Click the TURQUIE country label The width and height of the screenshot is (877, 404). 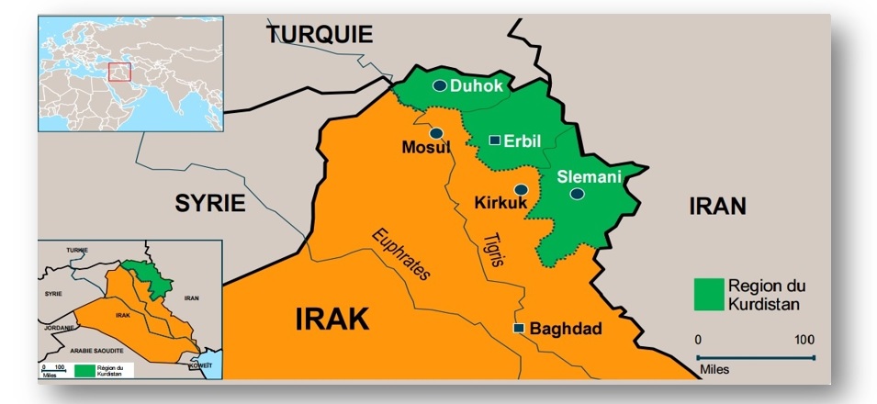320,35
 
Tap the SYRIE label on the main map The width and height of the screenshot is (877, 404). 211,204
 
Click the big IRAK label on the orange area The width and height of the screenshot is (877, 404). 332,319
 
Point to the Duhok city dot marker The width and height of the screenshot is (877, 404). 440,85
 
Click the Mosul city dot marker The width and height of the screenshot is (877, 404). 436,133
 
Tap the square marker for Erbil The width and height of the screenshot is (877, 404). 494,140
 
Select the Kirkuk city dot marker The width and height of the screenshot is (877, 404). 521,189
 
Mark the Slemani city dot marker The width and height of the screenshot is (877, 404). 577,194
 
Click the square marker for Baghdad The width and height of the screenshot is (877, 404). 519,328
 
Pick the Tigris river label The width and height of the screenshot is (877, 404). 494,250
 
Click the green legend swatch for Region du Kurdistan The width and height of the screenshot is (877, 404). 708,293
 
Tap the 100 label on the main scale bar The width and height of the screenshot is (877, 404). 804,340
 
